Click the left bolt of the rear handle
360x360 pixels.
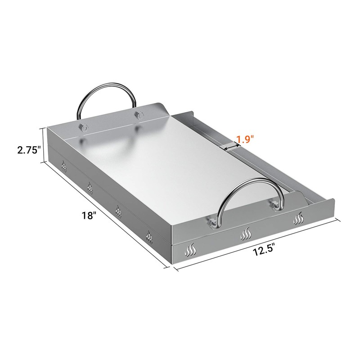pos(82,127)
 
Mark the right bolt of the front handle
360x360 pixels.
pos(273,205)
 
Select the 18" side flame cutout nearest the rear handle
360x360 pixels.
pos(64,168)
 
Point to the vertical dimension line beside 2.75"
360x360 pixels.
pos(43,145)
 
